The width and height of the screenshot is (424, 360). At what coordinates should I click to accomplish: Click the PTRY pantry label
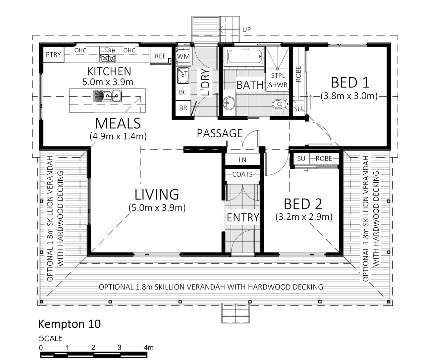click(x=53, y=55)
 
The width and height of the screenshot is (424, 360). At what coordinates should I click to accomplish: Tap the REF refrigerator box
click(x=161, y=56)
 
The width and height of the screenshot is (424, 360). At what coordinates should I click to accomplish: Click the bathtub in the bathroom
click(x=243, y=56)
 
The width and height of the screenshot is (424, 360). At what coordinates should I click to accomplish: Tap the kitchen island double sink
click(x=107, y=96)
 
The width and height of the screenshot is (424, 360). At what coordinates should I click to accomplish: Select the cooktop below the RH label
click(x=108, y=58)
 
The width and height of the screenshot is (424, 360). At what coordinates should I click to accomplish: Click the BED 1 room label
click(x=350, y=82)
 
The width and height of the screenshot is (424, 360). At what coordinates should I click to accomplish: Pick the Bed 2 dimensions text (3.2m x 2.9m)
click(x=304, y=217)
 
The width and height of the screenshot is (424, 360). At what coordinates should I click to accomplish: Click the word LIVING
click(x=157, y=195)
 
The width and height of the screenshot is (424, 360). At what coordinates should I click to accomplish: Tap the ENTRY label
click(x=243, y=217)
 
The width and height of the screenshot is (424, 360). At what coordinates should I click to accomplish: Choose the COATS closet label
click(x=242, y=174)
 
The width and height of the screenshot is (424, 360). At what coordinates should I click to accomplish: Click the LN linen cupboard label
click(x=242, y=160)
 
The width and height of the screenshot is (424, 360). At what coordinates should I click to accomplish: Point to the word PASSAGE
click(x=220, y=133)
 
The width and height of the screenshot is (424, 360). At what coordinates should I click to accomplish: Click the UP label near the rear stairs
click(x=246, y=30)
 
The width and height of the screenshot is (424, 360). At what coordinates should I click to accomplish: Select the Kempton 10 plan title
click(x=70, y=324)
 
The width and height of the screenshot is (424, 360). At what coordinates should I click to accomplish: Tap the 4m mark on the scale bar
click(x=149, y=347)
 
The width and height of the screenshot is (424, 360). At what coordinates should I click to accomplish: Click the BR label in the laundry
click(x=183, y=108)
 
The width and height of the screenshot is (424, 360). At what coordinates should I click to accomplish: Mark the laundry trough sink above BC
click(x=183, y=75)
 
